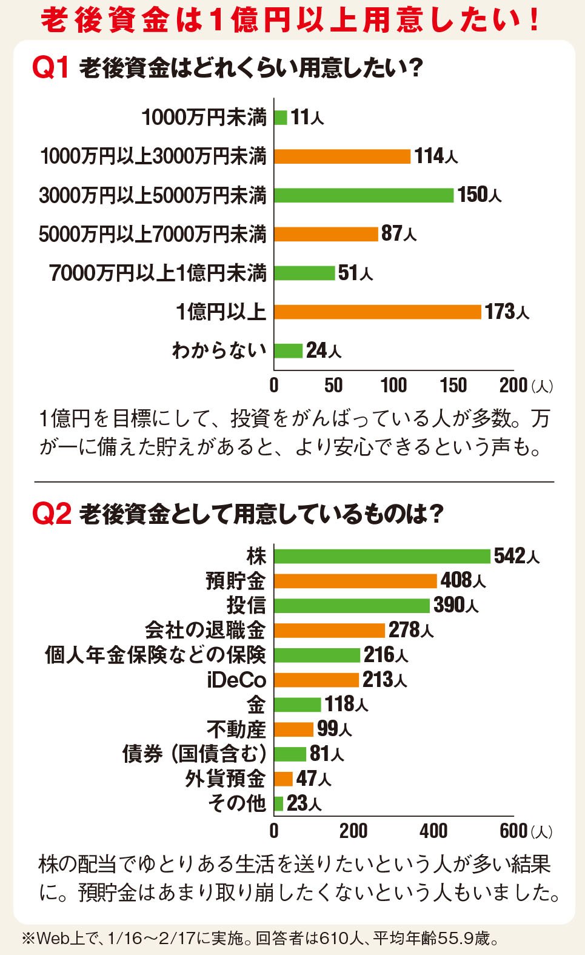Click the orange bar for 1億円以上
[x=377, y=312]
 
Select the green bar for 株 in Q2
[x=382, y=556]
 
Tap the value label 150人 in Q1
[x=479, y=195]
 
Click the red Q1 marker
[x=52, y=67]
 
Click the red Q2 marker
[x=52, y=514]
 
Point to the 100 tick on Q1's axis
[x=393, y=385]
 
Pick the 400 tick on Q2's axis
[x=433, y=831]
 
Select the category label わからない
[x=219, y=350]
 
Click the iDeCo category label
[x=236, y=680]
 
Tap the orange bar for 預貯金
[x=355, y=581]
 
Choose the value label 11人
[x=307, y=117]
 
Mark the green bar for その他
[x=279, y=804]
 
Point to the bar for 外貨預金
[x=284, y=779]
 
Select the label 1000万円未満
[x=204, y=117]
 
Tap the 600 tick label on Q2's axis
[x=513, y=831]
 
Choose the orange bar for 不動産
[x=294, y=729]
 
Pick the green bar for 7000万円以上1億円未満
[x=304, y=273]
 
